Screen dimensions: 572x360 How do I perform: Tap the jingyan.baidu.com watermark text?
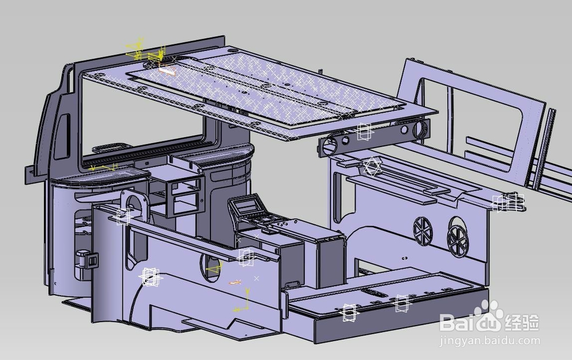pyautogui.click(x=490, y=341)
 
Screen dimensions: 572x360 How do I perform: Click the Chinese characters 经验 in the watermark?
pyautogui.click(x=522, y=322)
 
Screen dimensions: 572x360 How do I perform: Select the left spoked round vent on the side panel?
pyautogui.click(x=423, y=230)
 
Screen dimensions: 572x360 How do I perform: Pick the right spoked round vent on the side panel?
pyautogui.click(x=457, y=236)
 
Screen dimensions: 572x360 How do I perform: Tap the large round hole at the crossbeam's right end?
pyautogui.click(x=420, y=129)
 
